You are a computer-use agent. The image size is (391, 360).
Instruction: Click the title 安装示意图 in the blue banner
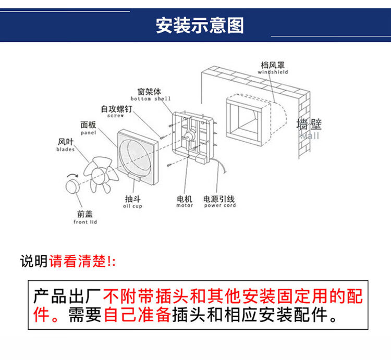(x=200, y=26)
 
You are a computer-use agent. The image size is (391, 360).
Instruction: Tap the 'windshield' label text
(x=273, y=72)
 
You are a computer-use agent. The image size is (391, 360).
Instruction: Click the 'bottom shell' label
(x=151, y=98)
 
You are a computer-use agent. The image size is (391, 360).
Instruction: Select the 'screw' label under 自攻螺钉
(x=115, y=116)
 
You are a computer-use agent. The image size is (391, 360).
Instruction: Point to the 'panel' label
(x=88, y=132)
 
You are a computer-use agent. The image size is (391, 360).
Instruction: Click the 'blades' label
(x=65, y=149)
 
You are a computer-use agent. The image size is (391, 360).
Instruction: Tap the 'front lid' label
(x=85, y=222)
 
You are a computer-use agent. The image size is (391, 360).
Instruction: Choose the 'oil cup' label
(x=132, y=206)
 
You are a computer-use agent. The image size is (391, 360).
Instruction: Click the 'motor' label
(x=185, y=205)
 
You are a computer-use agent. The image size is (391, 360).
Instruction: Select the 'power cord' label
(x=219, y=205)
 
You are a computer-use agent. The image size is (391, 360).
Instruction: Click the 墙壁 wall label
(x=309, y=125)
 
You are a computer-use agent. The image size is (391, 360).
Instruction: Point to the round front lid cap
(x=72, y=186)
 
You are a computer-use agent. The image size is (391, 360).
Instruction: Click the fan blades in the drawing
(x=101, y=175)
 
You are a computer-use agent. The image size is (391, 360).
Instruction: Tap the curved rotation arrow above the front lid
(x=72, y=175)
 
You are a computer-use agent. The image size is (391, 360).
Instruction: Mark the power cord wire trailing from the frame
(x=221, y=166)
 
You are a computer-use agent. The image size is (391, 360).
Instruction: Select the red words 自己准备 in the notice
(x=137, y=315)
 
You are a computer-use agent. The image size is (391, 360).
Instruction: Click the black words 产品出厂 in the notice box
(x=67, y=296)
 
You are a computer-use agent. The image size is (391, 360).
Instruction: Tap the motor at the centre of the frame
(x=189, y=135)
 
